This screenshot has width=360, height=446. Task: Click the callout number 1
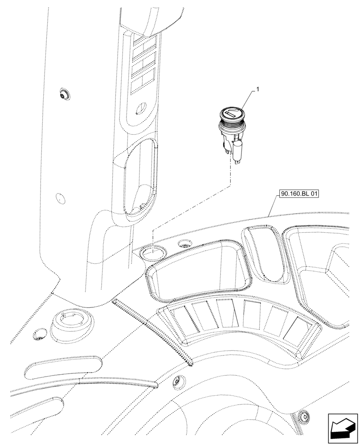coord(258,90)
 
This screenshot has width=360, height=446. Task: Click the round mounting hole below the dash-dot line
coord(151,254)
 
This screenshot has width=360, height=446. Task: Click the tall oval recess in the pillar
coord(140,178)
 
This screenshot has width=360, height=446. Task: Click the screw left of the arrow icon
coord(304,416)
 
